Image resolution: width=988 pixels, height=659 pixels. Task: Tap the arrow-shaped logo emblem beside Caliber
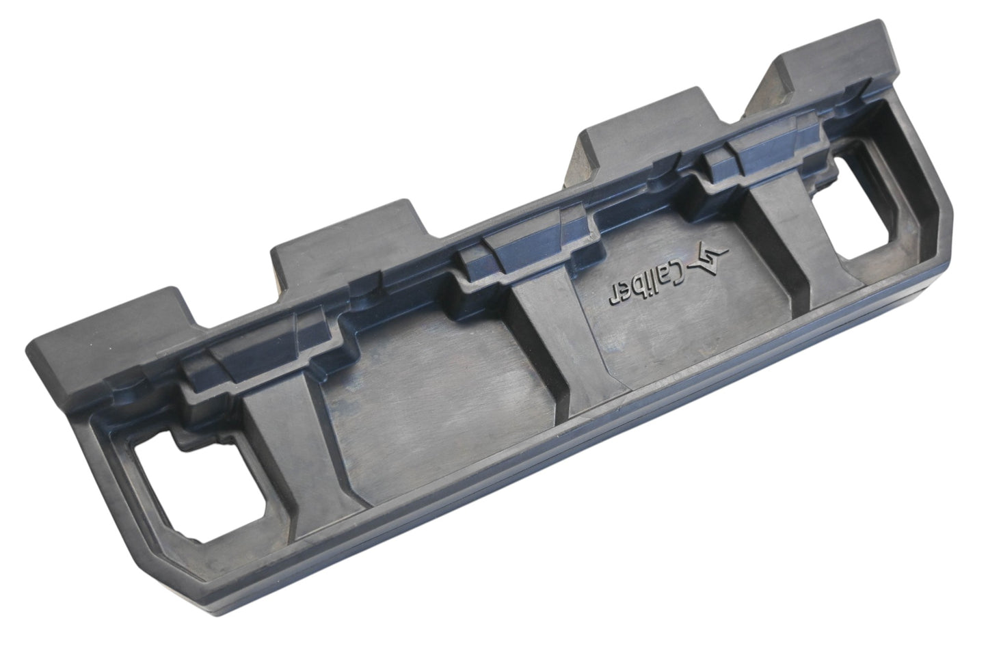[706, 262]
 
